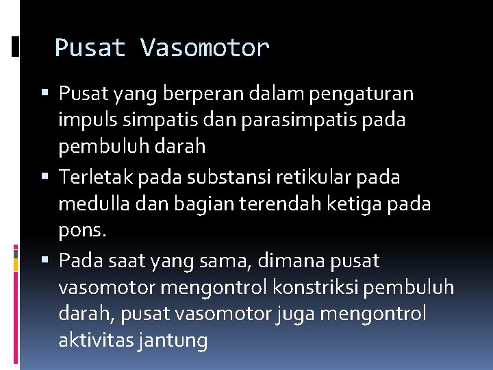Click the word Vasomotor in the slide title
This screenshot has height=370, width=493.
(x=205, y=48)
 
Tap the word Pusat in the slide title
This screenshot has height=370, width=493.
(x=90, y=48)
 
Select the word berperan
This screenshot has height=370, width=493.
(x=179, y=92)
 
